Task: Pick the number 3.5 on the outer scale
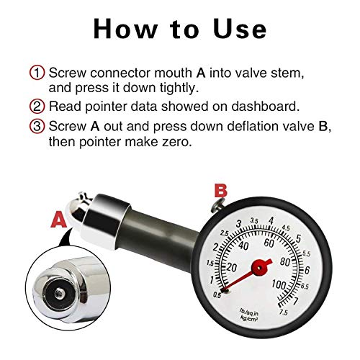tap(253, 221)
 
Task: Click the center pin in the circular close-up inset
tap(58, 294)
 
